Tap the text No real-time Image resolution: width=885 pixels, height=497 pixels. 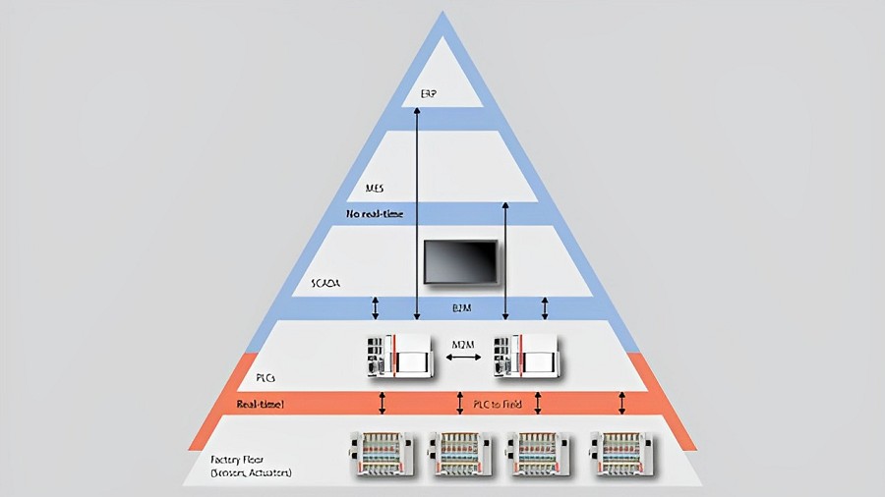click(375, 213)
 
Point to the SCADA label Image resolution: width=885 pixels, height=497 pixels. click(325, 283)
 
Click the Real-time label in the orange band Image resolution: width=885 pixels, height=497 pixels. click(261, 404)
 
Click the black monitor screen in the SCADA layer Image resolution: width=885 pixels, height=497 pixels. click(460, 261)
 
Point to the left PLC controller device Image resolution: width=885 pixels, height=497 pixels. click(397, 355)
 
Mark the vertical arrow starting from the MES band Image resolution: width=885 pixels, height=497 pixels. click(504, 260)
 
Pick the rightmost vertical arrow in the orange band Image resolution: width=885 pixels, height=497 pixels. click(621, 403)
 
